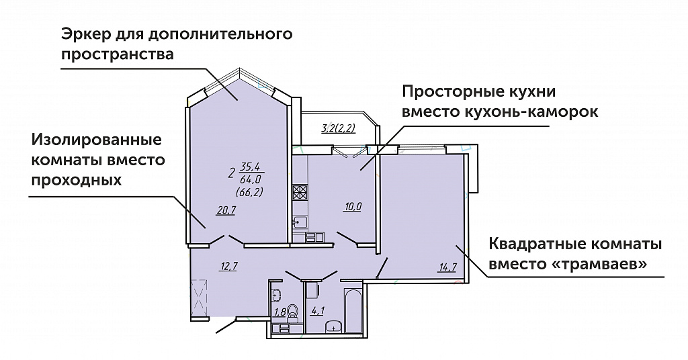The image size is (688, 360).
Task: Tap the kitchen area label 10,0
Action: [x=352, y=206]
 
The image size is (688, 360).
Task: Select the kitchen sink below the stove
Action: [x=299, y=221]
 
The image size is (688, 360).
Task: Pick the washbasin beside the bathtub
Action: [x=333, y=327]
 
